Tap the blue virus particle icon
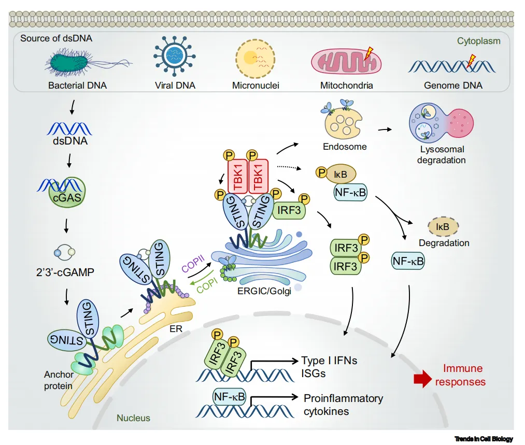pyautogui.click(x=174, y=59)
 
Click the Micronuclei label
pyautogui.click(x=256, y=85)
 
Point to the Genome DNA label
pyautogui.click(x=452, y=85)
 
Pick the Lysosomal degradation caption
pyautogui.click(x=442, y=155)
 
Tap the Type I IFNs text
pyautogui.click(x=329, y=361)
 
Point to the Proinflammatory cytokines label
pyautogui.click(x=343, y=405)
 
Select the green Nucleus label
pyautogui.click(x=133, y=418)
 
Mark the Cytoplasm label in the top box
pyautogui.click(x=478, y=40)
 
